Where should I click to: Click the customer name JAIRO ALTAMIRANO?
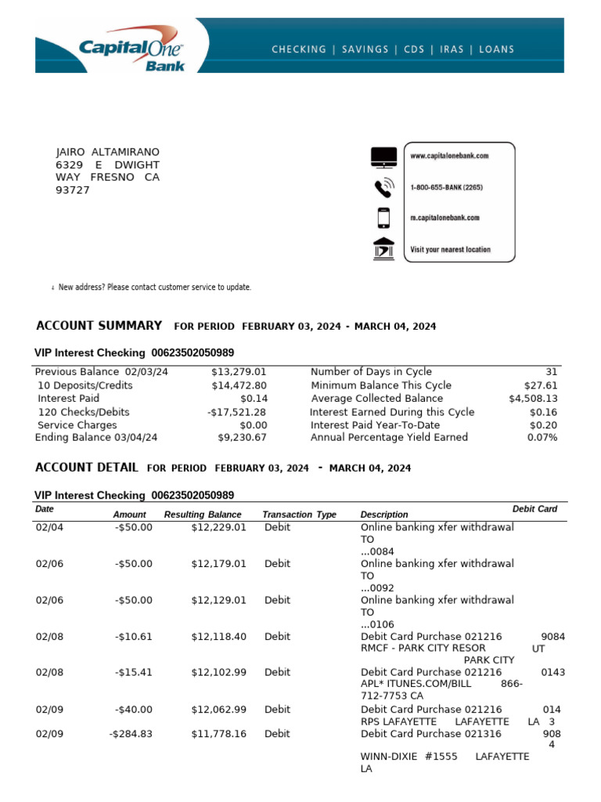pos(107,152)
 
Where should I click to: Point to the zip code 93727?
pos(73,190)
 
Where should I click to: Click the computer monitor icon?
pos(383,157)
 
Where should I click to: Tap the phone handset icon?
pos(383,188)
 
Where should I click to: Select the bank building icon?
pos(383,248)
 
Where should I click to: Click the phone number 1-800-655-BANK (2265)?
pos(457,188)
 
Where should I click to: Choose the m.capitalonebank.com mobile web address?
pos(444,218)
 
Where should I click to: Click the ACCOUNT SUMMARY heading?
pos(99,326)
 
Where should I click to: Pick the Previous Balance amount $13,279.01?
pos(239,372)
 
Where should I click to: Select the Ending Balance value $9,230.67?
pos(242,438)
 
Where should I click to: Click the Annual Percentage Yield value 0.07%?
pos(542,438)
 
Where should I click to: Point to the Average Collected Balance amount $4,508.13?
pos(533,399)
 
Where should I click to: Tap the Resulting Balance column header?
pos(203,515)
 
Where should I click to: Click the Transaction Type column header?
pos(299,515)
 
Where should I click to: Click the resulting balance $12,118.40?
pos(218,637)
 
